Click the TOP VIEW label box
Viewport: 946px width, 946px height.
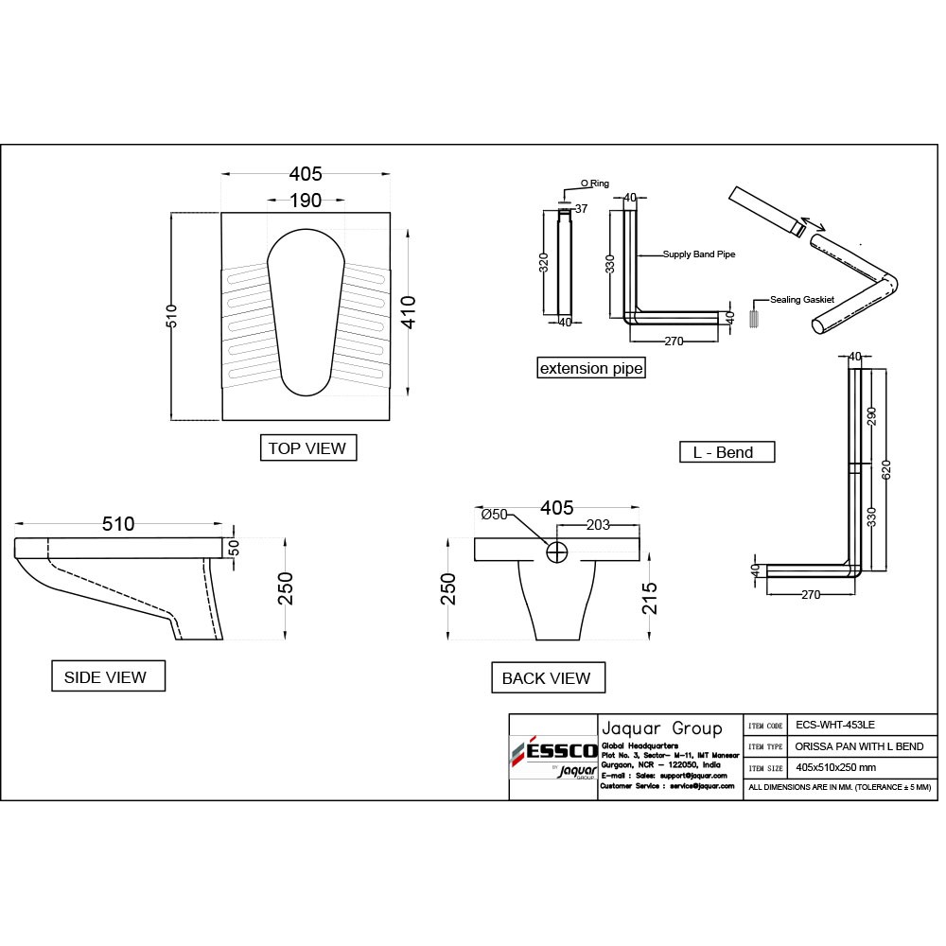(x=308, y=447)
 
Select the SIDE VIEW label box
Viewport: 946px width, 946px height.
(x=108, y=675)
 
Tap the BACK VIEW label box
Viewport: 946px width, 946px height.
(x=548, y=677)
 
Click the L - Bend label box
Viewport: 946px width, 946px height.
(x=727, y=452)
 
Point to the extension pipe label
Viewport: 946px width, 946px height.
(x=591, y=368)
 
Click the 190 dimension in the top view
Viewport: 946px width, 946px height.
(x=306, y=201)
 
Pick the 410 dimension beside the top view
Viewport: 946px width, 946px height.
(x=409, y=312)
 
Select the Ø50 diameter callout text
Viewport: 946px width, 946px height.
(x=494, y=515)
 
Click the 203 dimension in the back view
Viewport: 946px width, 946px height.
(x=598, y=525)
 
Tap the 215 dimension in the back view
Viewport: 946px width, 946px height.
(x=650, y=598)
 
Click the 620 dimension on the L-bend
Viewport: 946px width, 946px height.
(x=886, y=470)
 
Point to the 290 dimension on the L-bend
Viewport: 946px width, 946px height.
(x=871, y=416)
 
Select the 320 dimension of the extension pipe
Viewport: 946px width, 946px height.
(x=544, y=263)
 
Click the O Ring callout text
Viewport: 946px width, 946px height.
(x=595, y=184)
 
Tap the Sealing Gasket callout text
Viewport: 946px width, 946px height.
(x=802, y=299)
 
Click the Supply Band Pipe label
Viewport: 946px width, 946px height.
(x=699, y=254)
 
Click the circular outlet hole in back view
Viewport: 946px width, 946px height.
(x=557, y=552)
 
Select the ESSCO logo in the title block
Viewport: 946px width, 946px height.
(x=554, y=751)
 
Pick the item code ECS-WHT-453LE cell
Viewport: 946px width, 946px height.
(x=835, y=725)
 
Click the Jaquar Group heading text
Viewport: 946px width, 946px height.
(x=662, y=728)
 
